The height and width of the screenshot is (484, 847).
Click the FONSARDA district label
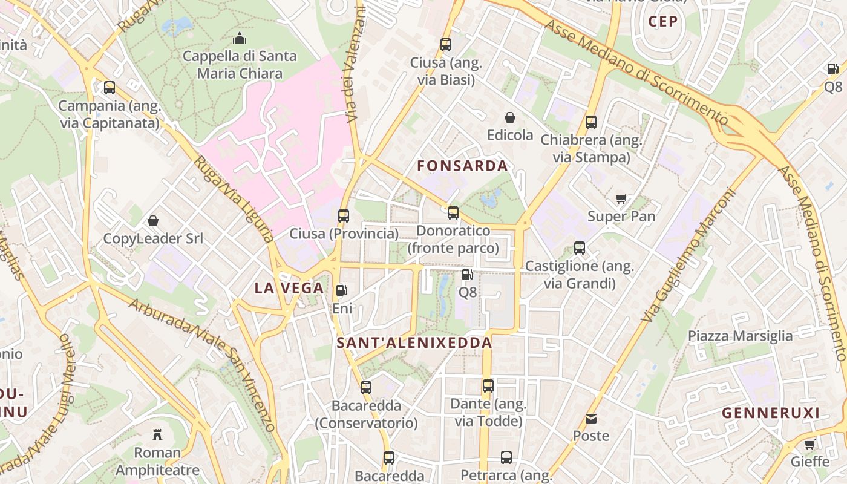[462, 166]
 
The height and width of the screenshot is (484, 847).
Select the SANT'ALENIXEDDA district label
[414, 343]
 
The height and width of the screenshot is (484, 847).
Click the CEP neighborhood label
[662, 22]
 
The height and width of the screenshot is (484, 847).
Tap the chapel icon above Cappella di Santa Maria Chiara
[240, 39]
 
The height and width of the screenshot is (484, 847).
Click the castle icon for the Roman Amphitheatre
[157, 434]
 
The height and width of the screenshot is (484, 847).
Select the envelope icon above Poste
[591, 418]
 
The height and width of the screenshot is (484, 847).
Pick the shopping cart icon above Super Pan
[621, 198]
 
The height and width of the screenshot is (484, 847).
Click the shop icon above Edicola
[510, 117]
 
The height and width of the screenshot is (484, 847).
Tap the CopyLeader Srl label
[153, 238]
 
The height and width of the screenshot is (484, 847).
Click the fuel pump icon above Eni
[342, 290]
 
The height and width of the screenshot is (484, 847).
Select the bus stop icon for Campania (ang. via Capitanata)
[110, 88]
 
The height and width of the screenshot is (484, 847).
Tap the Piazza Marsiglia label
[740, 336]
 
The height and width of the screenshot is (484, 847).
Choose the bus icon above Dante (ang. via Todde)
[488, 385]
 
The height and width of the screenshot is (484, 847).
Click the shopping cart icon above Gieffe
[809, 444]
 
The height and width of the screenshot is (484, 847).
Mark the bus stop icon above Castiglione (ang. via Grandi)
[580, 248]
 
